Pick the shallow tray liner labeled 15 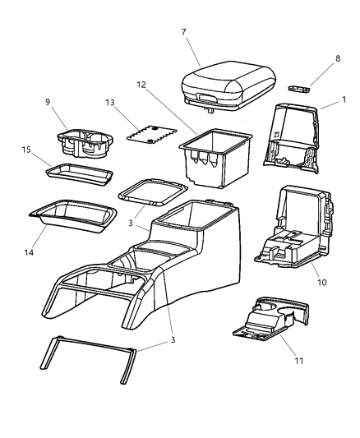pyautogui.click(x=79, y=173)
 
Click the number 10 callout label pyautogui.click(x=322, y=282)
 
